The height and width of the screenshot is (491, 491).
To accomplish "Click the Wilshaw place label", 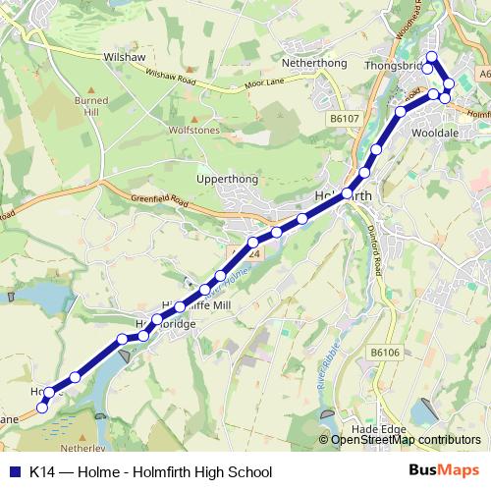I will coord(124,58).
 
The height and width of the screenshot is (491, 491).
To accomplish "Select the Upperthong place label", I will coord(227,181).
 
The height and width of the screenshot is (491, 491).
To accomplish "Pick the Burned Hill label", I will coord(91,106).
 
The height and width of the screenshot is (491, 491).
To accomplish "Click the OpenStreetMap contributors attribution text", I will coord(406,440).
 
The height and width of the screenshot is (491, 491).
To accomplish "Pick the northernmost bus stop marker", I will coord(431,56).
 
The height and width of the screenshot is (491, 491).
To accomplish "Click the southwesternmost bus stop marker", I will coord(41,408).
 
